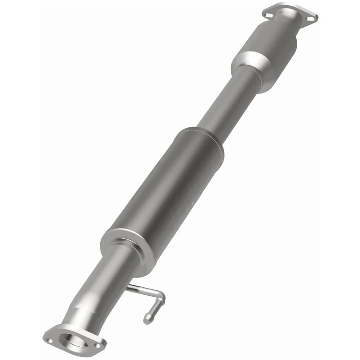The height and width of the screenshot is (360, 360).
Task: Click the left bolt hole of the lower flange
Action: pyautogui.click(x=50, y=340)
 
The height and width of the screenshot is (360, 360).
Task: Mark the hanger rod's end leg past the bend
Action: pyautogui.click(x=154, y=309)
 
